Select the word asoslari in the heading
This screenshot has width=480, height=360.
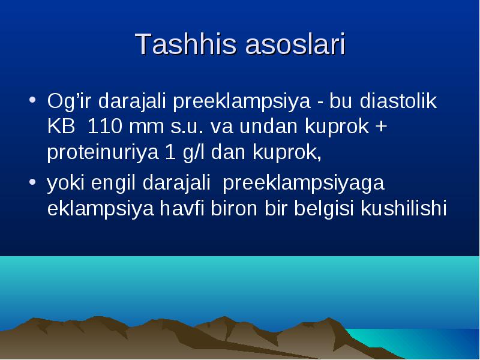pos(295,44)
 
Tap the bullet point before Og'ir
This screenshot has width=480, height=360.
pos(32,100)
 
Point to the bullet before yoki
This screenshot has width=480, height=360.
pos(32,182)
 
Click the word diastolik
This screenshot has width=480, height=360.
pos(398,100)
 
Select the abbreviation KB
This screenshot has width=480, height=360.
pos(61,126)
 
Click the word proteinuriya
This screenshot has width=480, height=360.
pos(103,152)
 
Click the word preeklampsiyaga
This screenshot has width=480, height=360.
pos(304,183)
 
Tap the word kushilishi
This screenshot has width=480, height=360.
pos(404,208)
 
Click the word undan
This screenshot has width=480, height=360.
pos(268,126)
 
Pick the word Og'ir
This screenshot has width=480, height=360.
pos(69,101)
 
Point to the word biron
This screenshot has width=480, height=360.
pos(233,208)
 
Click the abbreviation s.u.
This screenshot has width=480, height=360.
pos(187,127)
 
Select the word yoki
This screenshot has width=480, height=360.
pos(65,183)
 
